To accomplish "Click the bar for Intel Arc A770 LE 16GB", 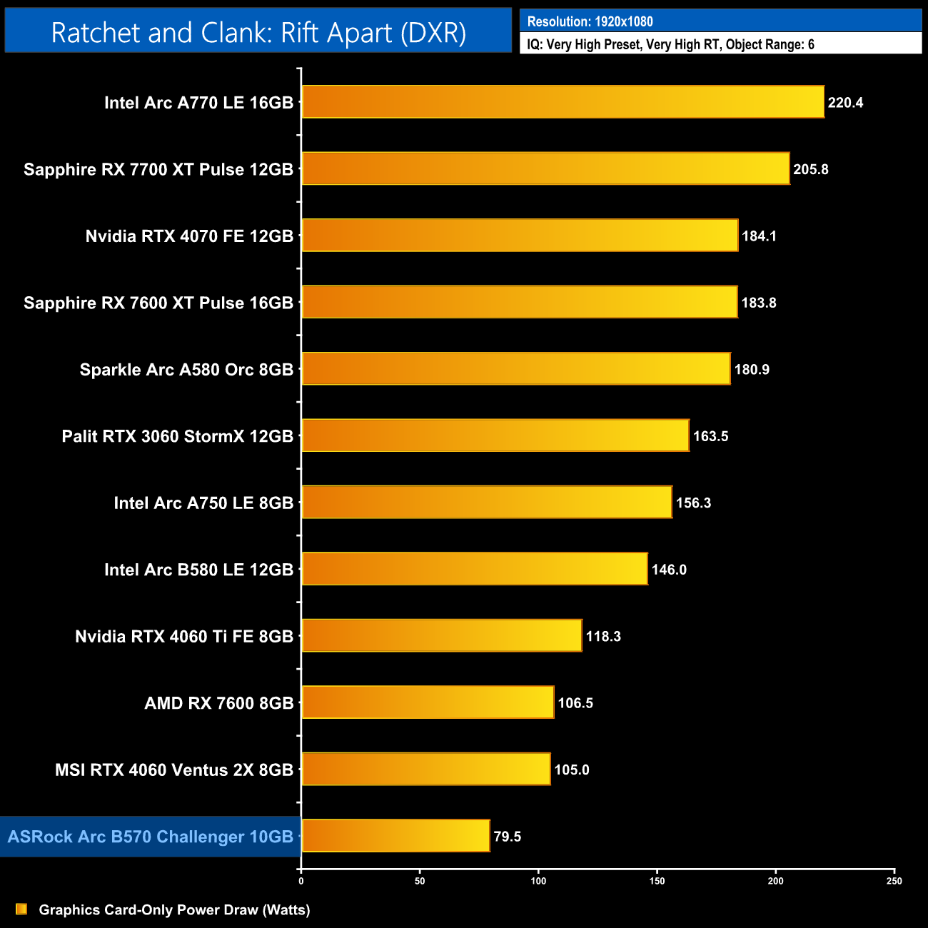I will coord(563,102).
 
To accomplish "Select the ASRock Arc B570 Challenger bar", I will coord(395,836).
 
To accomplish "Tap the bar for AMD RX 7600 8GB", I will coord(428,702).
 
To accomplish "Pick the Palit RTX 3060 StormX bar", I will coord(495,435).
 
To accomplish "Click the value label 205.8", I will coord(810,169).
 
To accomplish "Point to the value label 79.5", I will coord(507,837).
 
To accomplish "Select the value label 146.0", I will coord(669,570).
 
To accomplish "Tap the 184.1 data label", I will coord(759,236).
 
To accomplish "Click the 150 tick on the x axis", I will coord(657,881).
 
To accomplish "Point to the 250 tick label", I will coord(894,881).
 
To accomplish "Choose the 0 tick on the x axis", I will coord(301,881).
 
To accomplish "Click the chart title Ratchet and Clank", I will coord(258,33).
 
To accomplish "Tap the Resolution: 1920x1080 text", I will coord(590,21).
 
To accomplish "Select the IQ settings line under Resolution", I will coord(670,44).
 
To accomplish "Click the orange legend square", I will coord(21,909).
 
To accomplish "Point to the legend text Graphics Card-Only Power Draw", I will coord(174,909).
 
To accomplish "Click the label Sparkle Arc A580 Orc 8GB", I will coord(186,370).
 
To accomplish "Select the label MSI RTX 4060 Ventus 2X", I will coord(174,770).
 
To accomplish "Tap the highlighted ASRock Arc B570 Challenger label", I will coord(150,837).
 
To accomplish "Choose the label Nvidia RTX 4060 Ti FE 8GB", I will coord(184,636).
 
